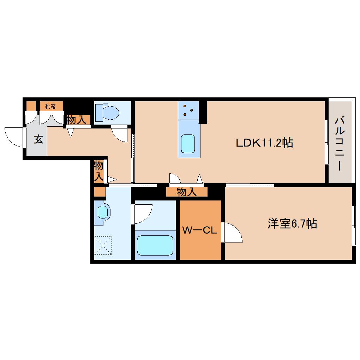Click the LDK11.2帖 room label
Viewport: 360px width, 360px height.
click(264, 143)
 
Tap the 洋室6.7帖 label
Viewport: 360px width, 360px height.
click(292, 223)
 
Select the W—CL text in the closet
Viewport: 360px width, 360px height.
click(199, 230)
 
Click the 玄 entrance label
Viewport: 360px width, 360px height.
click(38, 139)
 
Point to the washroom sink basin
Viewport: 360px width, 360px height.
click(102, 212)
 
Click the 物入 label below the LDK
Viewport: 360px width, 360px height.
click(187, 192)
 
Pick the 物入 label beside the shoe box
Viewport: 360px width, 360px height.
click(77, 120)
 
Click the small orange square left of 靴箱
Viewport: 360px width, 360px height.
click(31, 106)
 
